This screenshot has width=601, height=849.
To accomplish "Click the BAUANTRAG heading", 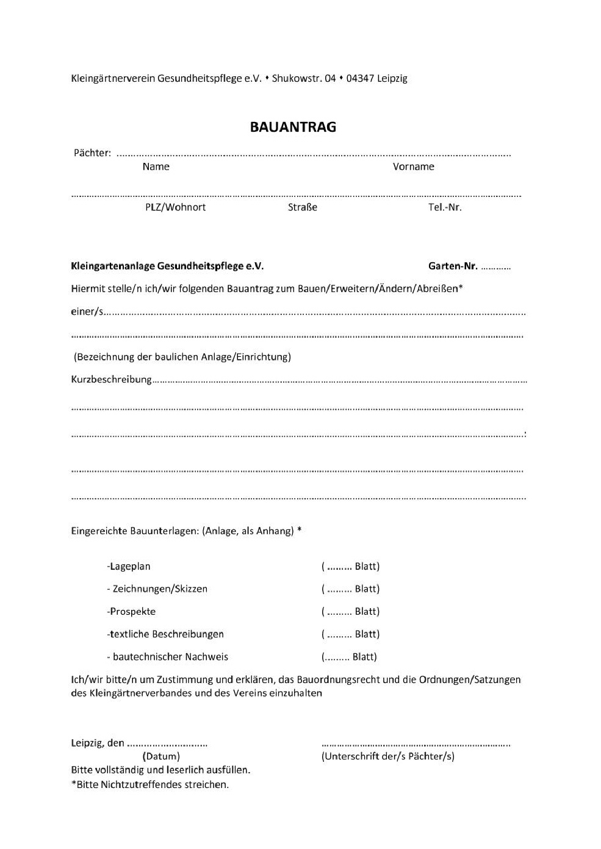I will [x=293, y=127].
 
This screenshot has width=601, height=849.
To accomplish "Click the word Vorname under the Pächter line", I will [x=413, y=167].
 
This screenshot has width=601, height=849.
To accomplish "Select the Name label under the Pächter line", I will [x=156, y=167].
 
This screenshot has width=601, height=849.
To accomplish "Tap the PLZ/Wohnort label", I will [x=175, y=207].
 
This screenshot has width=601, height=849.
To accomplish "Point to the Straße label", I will [x=303, y=207].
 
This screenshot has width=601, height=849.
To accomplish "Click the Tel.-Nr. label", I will [x=445, y=207].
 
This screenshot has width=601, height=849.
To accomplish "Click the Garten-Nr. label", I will [x=453, y=266].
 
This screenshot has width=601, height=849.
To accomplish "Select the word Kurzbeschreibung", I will [x=112, y=379].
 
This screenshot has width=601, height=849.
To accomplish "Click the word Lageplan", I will [x=129, y=567].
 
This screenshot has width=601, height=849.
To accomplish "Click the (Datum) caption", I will [x=161, y=756].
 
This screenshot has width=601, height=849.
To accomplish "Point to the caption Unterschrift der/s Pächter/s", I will [x=387, y=756].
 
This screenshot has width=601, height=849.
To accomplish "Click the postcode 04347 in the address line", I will [x=360, y=78].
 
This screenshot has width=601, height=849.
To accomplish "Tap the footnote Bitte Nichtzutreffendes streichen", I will [x=152, y=784].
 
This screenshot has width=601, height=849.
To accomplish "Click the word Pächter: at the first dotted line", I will [x=92, y=153].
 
